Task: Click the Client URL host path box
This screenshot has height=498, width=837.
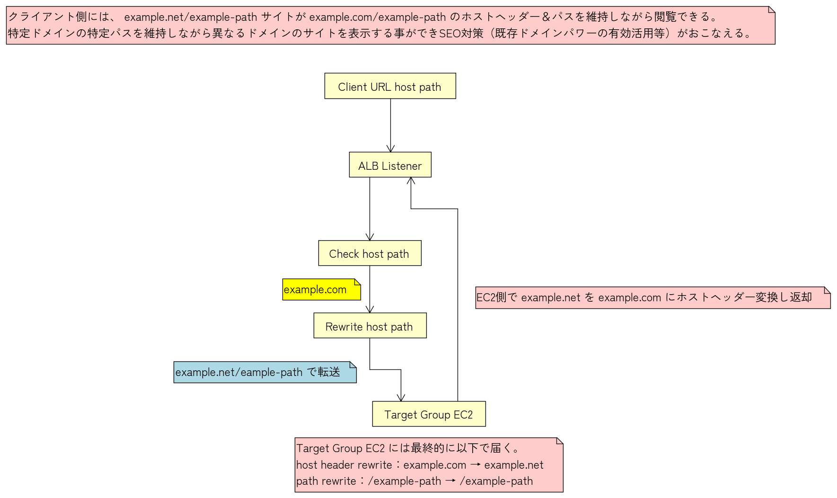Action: (390, 86)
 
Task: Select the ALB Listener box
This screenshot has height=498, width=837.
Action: (390, 165)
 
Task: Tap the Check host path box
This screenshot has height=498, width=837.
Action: (370, 253)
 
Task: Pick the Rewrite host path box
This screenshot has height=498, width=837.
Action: (370, 326)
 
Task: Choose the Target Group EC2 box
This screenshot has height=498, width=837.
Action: (429, 414)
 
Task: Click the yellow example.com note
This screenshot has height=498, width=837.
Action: (321, 290)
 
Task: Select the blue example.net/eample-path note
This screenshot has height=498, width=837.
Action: (264, 372)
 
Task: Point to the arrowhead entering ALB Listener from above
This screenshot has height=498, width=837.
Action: (390, 149)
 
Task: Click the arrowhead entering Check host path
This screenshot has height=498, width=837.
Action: (370, 237)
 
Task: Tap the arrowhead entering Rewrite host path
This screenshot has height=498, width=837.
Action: (370, 309)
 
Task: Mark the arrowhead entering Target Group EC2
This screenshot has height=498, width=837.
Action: (401, 398)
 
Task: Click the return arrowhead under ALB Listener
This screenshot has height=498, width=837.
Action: (411, 181)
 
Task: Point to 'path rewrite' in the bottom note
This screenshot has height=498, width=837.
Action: (326, 481)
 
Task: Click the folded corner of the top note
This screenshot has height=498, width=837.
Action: (772, 9)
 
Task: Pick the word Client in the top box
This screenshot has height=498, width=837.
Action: (352, 87)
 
